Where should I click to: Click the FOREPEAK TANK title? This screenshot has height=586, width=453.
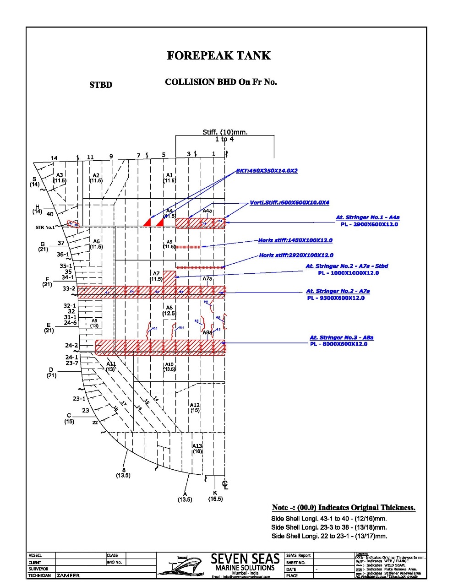218,56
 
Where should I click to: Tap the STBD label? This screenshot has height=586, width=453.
101,85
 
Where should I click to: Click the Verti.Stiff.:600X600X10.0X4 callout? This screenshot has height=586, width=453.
289,202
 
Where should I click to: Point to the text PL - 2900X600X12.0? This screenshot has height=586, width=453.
369,224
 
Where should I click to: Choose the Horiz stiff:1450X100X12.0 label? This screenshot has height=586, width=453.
295,240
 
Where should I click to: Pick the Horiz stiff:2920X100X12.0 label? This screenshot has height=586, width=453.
296,255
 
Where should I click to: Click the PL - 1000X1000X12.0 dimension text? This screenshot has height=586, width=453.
349,273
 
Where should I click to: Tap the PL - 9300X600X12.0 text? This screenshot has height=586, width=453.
335,298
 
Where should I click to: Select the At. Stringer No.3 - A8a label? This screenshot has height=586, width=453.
341,337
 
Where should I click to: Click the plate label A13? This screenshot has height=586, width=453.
197,446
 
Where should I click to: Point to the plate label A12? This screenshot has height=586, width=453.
195,405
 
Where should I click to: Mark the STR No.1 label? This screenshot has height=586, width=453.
45,227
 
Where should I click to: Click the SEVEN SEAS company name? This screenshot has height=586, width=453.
245,559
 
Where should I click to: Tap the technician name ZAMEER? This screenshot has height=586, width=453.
68,575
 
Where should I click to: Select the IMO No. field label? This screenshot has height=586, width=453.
114,562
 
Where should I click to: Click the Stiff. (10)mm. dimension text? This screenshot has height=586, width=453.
225,132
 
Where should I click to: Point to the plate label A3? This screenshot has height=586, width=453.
60,175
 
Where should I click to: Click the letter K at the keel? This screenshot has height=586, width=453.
215,493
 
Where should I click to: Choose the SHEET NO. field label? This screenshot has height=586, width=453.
295,563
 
